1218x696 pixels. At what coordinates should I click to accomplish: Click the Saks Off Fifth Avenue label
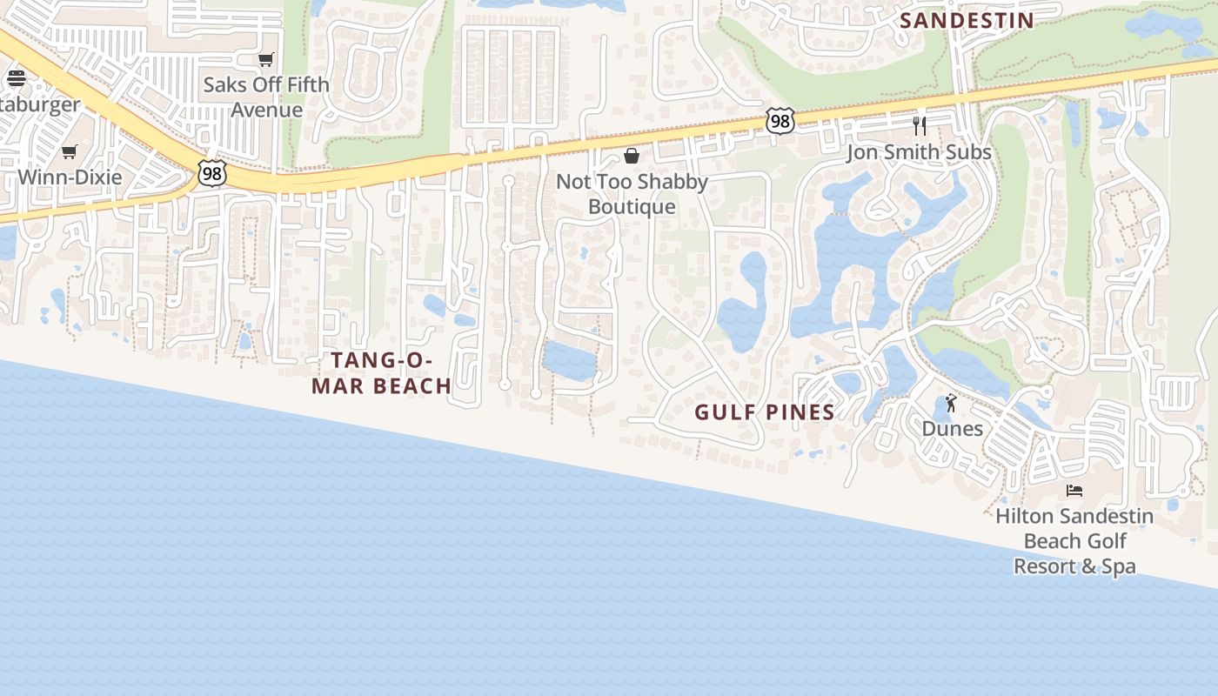(266, 97)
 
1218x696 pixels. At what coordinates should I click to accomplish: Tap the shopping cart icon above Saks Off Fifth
(266, 60)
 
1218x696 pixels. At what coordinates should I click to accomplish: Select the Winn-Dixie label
(70, 177)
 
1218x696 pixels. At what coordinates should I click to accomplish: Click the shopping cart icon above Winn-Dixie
(70, 152)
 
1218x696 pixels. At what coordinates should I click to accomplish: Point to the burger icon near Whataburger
(17, 78)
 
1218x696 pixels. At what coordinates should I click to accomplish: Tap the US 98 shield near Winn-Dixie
(211, 173)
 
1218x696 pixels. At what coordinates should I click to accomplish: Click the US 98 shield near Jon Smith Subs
(780, 122)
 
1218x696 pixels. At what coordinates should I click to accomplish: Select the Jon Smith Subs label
(919, 152)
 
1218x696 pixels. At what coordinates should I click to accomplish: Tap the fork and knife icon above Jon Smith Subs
(920, 126)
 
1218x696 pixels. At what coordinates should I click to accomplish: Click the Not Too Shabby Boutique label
(632, 194)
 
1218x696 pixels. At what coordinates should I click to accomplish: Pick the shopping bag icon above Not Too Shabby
(632, 156)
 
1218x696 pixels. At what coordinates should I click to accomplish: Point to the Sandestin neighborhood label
(967, 21)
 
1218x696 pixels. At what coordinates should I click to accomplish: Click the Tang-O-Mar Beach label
(382, 372)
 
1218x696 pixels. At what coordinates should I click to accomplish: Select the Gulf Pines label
(765, 412)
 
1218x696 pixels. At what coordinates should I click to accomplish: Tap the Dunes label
(953, 429)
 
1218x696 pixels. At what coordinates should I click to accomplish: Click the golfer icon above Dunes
(951, 403)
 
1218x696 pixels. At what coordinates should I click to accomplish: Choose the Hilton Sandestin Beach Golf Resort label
(1074, 541)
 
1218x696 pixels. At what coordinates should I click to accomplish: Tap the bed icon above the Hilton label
(1074, 491)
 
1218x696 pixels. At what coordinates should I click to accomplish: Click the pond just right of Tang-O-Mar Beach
(570, 360)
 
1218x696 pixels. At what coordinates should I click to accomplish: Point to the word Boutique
(632, 207)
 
